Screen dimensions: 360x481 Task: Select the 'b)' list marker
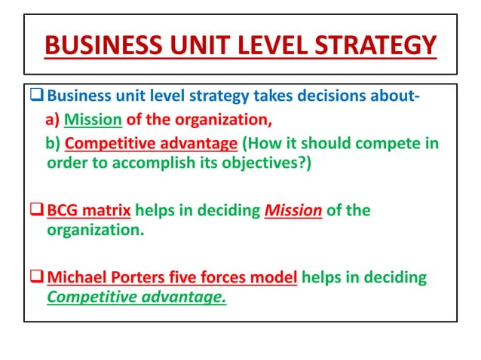(x=54, y=143)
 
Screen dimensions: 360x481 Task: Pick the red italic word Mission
(x=293, y=210)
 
